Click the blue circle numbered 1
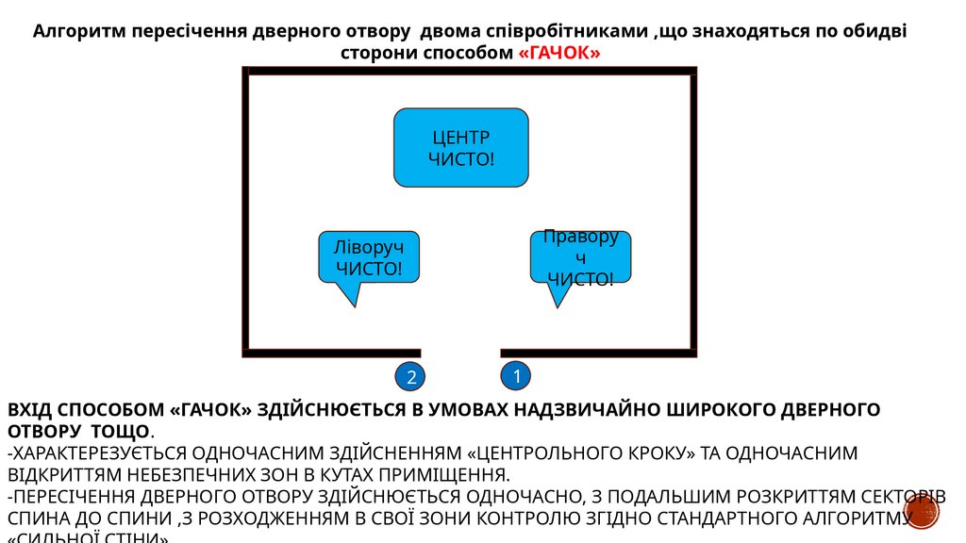point(517,376)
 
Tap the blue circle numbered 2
point(410,377)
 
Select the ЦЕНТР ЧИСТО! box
point(460,147)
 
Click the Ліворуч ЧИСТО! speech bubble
point(369,257)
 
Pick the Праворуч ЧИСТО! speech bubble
point(580,256)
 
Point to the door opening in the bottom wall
point(460,352)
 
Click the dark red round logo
point(924,513)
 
